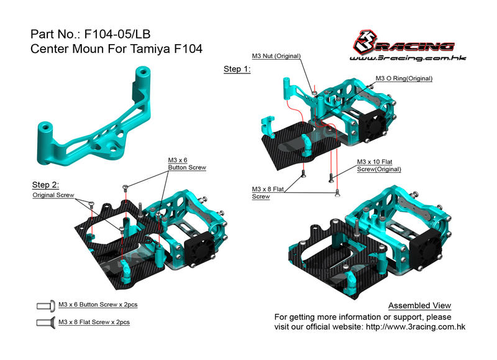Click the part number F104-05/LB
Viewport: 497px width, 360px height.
[117, 34]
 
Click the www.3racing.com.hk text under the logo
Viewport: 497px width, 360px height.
[408, 58]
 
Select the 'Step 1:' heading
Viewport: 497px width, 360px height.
[237, 69]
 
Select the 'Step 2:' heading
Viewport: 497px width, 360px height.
[45, 185]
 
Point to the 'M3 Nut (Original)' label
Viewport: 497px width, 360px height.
[276, 56]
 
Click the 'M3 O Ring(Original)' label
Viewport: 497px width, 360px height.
[404, 78]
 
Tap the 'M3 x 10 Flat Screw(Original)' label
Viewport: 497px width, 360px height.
[379, 165]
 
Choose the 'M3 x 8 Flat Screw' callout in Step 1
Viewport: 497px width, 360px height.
[268, 193]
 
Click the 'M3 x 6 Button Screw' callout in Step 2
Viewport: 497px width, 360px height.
[187, 164]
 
